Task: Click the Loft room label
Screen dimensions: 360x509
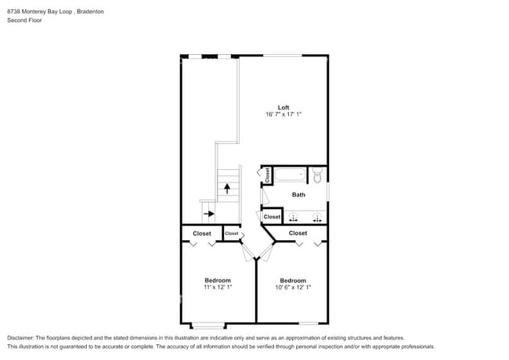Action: click(x=283, y=107)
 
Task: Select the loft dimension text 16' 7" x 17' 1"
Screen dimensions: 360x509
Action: click(x=283, y=115)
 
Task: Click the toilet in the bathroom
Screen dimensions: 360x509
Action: click(x=317, y=175)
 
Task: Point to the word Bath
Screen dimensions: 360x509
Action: click(x=298, y=195)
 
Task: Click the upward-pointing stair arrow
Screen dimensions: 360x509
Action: click(x=227, y=189)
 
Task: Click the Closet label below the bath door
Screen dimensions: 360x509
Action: click(x=272, y=217)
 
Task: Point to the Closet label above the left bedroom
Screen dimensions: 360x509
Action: click(x=202, y=233)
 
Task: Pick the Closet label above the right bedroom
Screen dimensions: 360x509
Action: click(x=298, y=233)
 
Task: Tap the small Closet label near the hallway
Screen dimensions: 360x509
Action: click(x=232, y=233)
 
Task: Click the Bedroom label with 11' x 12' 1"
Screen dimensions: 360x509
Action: click(x=218, y=280)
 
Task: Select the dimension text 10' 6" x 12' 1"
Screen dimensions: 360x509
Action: click(x=293, y=288)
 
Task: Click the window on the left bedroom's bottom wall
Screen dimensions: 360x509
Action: click(x=208, y=324)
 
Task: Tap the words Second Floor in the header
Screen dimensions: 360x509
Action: click(x=24, y=20)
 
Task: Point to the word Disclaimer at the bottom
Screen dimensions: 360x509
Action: click(x=21, y=337)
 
